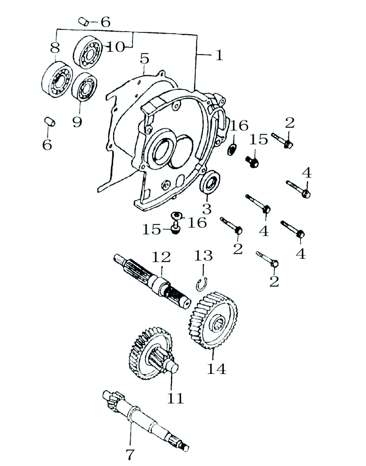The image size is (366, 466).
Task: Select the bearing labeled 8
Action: coord(57,80)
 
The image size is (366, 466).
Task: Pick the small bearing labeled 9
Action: coord(84,87)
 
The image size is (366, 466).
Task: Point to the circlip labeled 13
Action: coord(201,283)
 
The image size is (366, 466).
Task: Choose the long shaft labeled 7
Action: coord(145,420)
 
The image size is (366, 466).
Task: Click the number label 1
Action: coord(219,55)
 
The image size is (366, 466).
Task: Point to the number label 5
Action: coord(144,59)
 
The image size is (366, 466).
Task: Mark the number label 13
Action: coord(203,256)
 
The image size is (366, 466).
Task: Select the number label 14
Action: coord(216,369)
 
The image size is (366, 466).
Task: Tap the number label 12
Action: coord(161,256)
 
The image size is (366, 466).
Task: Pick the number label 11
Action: coord(175,398)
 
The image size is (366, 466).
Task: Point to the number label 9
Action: coord(77,122)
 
